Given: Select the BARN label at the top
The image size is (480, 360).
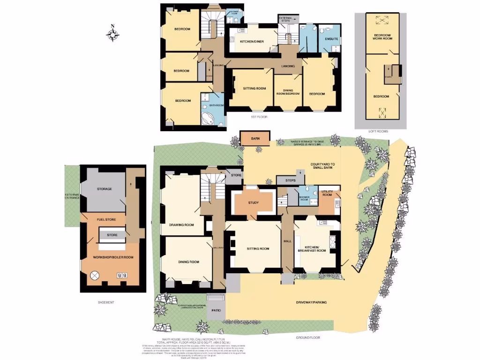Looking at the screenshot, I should [x=255, y=139].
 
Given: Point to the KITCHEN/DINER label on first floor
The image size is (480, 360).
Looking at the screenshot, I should [x=252, y=42].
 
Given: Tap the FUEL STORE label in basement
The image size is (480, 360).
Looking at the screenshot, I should [x=106, y=219].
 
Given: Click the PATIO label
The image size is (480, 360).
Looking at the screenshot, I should [x=216, y=310].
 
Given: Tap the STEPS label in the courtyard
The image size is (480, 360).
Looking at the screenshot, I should [x=286, y=180].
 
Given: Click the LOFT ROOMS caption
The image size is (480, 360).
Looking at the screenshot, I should [x=378, y=132].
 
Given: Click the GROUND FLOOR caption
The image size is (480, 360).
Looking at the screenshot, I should [x=307, y=337].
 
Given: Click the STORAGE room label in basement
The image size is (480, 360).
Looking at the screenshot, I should [x=104, y=188].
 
